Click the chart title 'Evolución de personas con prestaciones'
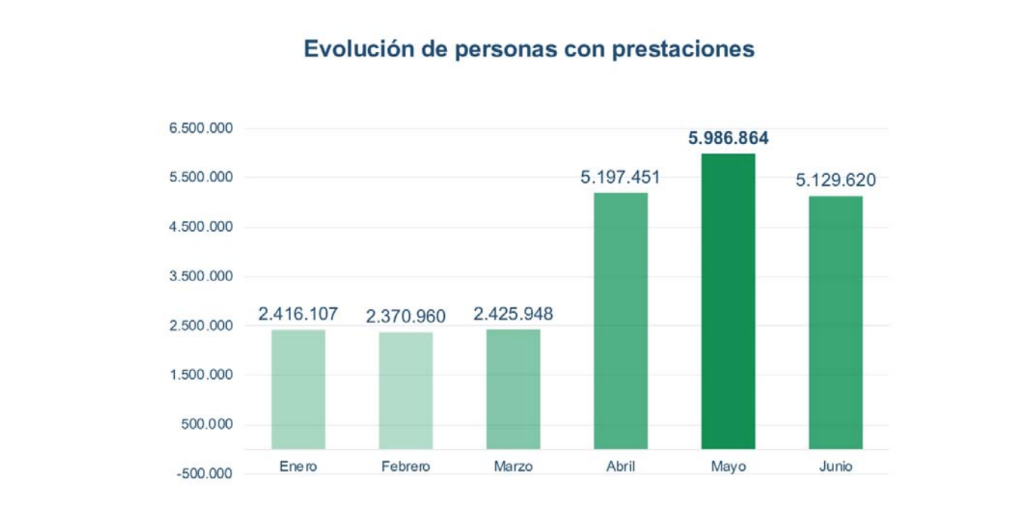[529, 49]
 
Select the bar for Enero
[298, 389]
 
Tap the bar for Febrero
[406, 390]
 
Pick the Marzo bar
[513, 389]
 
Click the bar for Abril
[621, 321]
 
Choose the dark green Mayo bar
[728, 301]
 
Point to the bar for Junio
[835, 323]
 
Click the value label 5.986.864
[728, 138]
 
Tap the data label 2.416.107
[298, 314]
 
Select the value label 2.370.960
[406, 317]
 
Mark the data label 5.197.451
[621, 177]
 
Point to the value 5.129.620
[835, 181]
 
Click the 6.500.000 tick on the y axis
[201, 129]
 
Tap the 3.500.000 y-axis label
[201, 277]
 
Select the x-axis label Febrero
[406, 467]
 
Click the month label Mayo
[728, 467]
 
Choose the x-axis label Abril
[621, 467]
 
